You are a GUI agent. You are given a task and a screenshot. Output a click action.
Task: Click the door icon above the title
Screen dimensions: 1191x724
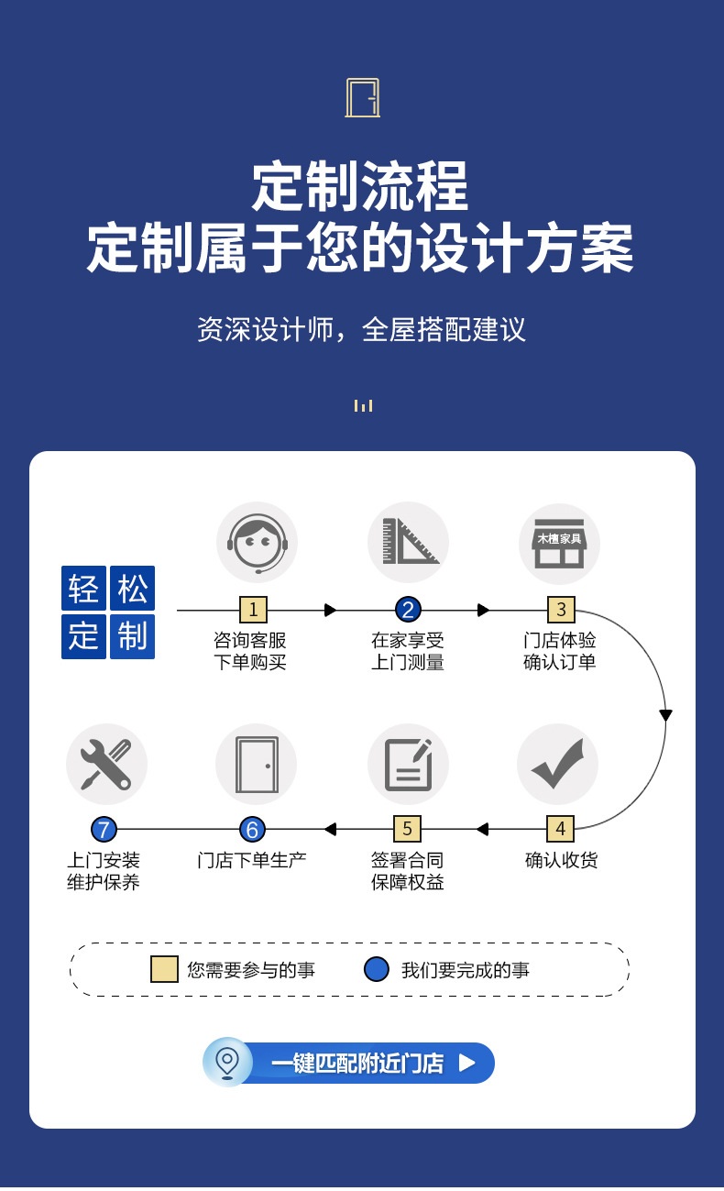click(362, 98)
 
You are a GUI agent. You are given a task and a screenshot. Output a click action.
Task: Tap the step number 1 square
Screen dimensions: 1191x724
click(253, 610)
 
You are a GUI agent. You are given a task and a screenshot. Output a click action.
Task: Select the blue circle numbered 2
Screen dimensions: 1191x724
click(408, 610)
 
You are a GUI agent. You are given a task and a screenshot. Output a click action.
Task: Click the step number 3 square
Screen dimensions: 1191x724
click(561, 610)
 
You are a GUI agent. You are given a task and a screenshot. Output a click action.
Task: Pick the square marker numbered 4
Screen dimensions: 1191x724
click(560, 829)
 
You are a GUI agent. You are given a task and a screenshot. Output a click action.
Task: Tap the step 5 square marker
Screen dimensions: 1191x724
click(407, 829)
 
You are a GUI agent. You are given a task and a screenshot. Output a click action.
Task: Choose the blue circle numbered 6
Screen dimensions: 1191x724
click(252, 830)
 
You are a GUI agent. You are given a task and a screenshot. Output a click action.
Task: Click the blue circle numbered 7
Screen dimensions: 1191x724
click(104, 830)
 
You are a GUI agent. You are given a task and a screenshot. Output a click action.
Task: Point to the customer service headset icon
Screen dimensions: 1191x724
click(257, 543)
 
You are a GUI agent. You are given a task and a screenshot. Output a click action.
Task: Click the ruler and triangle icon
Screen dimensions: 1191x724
click(409, 543)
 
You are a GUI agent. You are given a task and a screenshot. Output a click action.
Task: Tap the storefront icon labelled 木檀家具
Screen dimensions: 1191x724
click(559, 544)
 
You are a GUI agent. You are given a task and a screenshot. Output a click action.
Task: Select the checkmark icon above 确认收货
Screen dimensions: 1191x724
click(557, 764)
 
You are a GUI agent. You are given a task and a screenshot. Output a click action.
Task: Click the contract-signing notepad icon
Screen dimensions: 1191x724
click(408, 764)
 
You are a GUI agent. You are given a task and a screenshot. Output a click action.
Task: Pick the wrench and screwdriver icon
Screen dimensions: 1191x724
click(106, 764)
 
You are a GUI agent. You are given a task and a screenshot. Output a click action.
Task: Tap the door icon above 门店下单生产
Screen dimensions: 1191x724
click(257, 764)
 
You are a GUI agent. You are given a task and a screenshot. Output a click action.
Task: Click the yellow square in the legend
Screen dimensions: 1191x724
click(164, 969)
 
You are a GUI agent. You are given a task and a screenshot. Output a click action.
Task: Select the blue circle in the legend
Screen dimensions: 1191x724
click(376, 969)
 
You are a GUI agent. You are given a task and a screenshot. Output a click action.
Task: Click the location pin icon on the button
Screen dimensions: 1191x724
click(227, 1062)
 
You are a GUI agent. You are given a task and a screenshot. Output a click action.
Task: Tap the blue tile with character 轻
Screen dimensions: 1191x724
click(83, 589)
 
